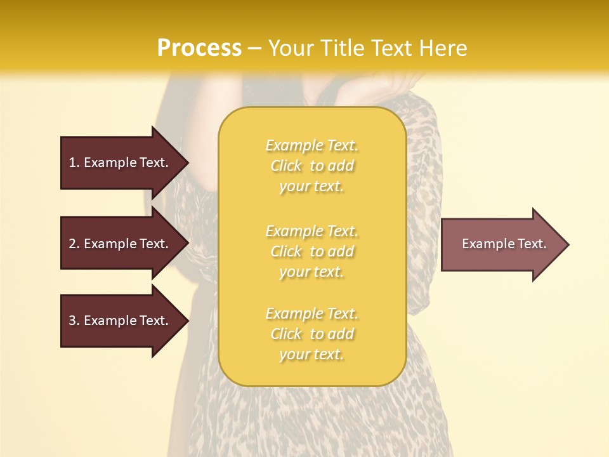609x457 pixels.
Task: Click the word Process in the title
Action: [199, 48]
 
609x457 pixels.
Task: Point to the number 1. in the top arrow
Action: [74, 162]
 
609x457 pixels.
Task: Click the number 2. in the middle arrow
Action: [74, 244]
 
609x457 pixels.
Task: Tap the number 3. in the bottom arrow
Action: [74, 321]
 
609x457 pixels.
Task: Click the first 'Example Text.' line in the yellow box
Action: [311, 145]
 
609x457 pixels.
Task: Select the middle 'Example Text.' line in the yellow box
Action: [311, 230]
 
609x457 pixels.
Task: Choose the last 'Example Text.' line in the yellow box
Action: [311, 314]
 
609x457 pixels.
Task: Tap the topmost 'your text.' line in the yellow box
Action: [311, 187]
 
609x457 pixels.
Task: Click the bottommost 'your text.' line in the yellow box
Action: [311, 355]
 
